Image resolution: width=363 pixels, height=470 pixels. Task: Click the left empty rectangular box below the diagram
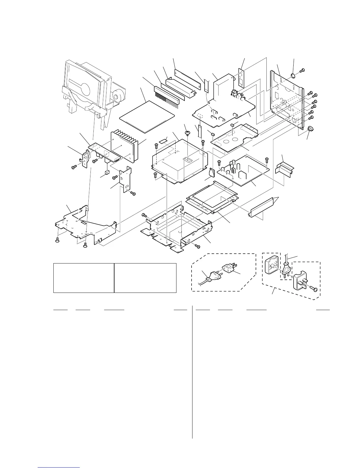pos(84,277)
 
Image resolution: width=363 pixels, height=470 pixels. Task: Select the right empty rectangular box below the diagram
pos(145,277)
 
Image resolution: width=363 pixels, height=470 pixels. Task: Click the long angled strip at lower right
pos(262,206)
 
